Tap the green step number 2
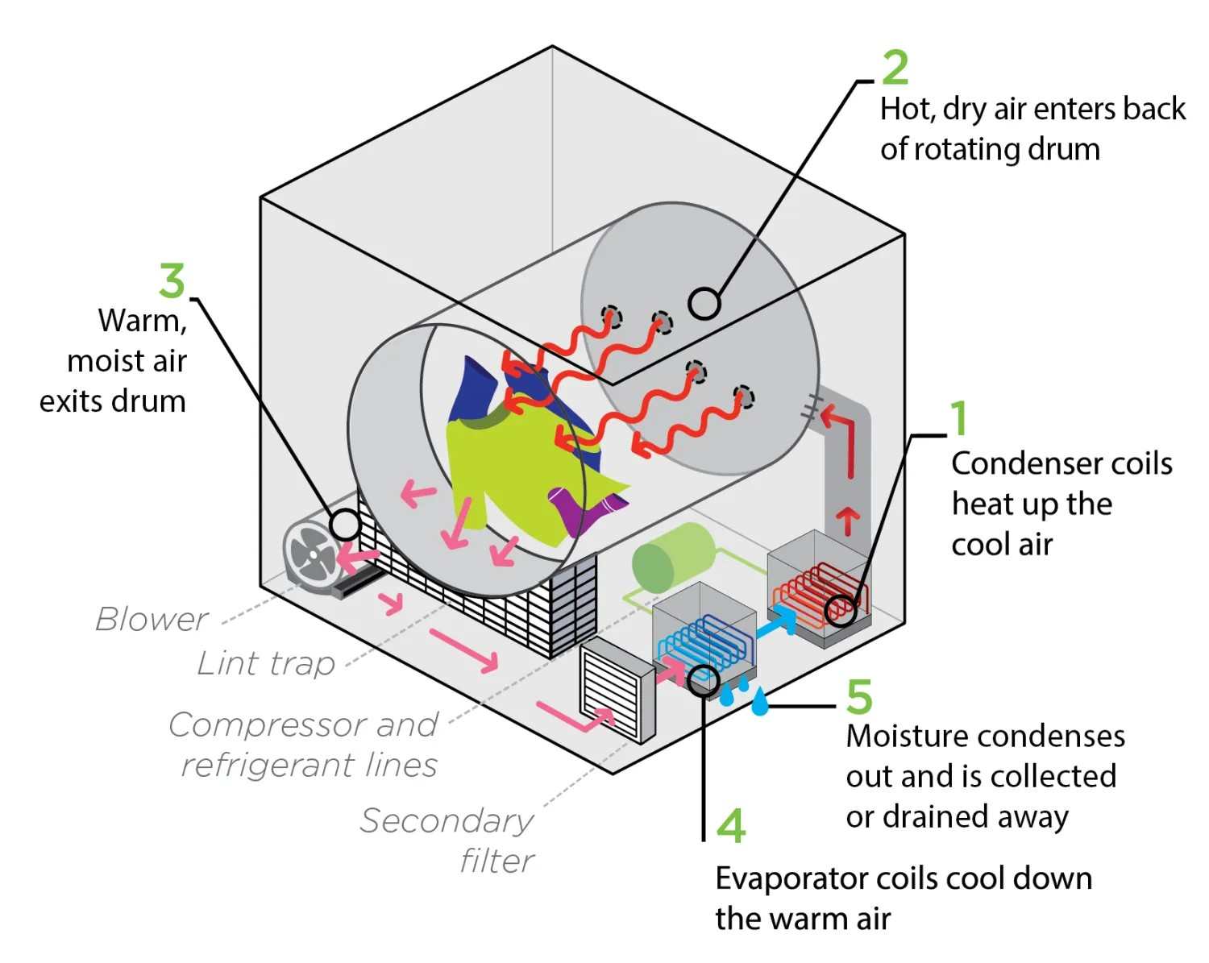pyautogui.click(x=895, y=67)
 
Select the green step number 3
pyautogui.click(x=172, y=280)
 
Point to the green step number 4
pyautogui.click(x=731, y=825)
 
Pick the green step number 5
pyautogui.click(x=859, y=696)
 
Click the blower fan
pyautogui.click(x=310, y=554)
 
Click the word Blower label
pyautogui.click(x=152, y=619)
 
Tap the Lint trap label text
pyautogui.click(x=266, y=663)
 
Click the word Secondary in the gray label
pyautogui.click(x=447, y=821)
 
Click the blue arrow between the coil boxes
pyautogui.click(x=777, y=621)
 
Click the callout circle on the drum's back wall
pyautogui.click(x=704, y=304)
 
